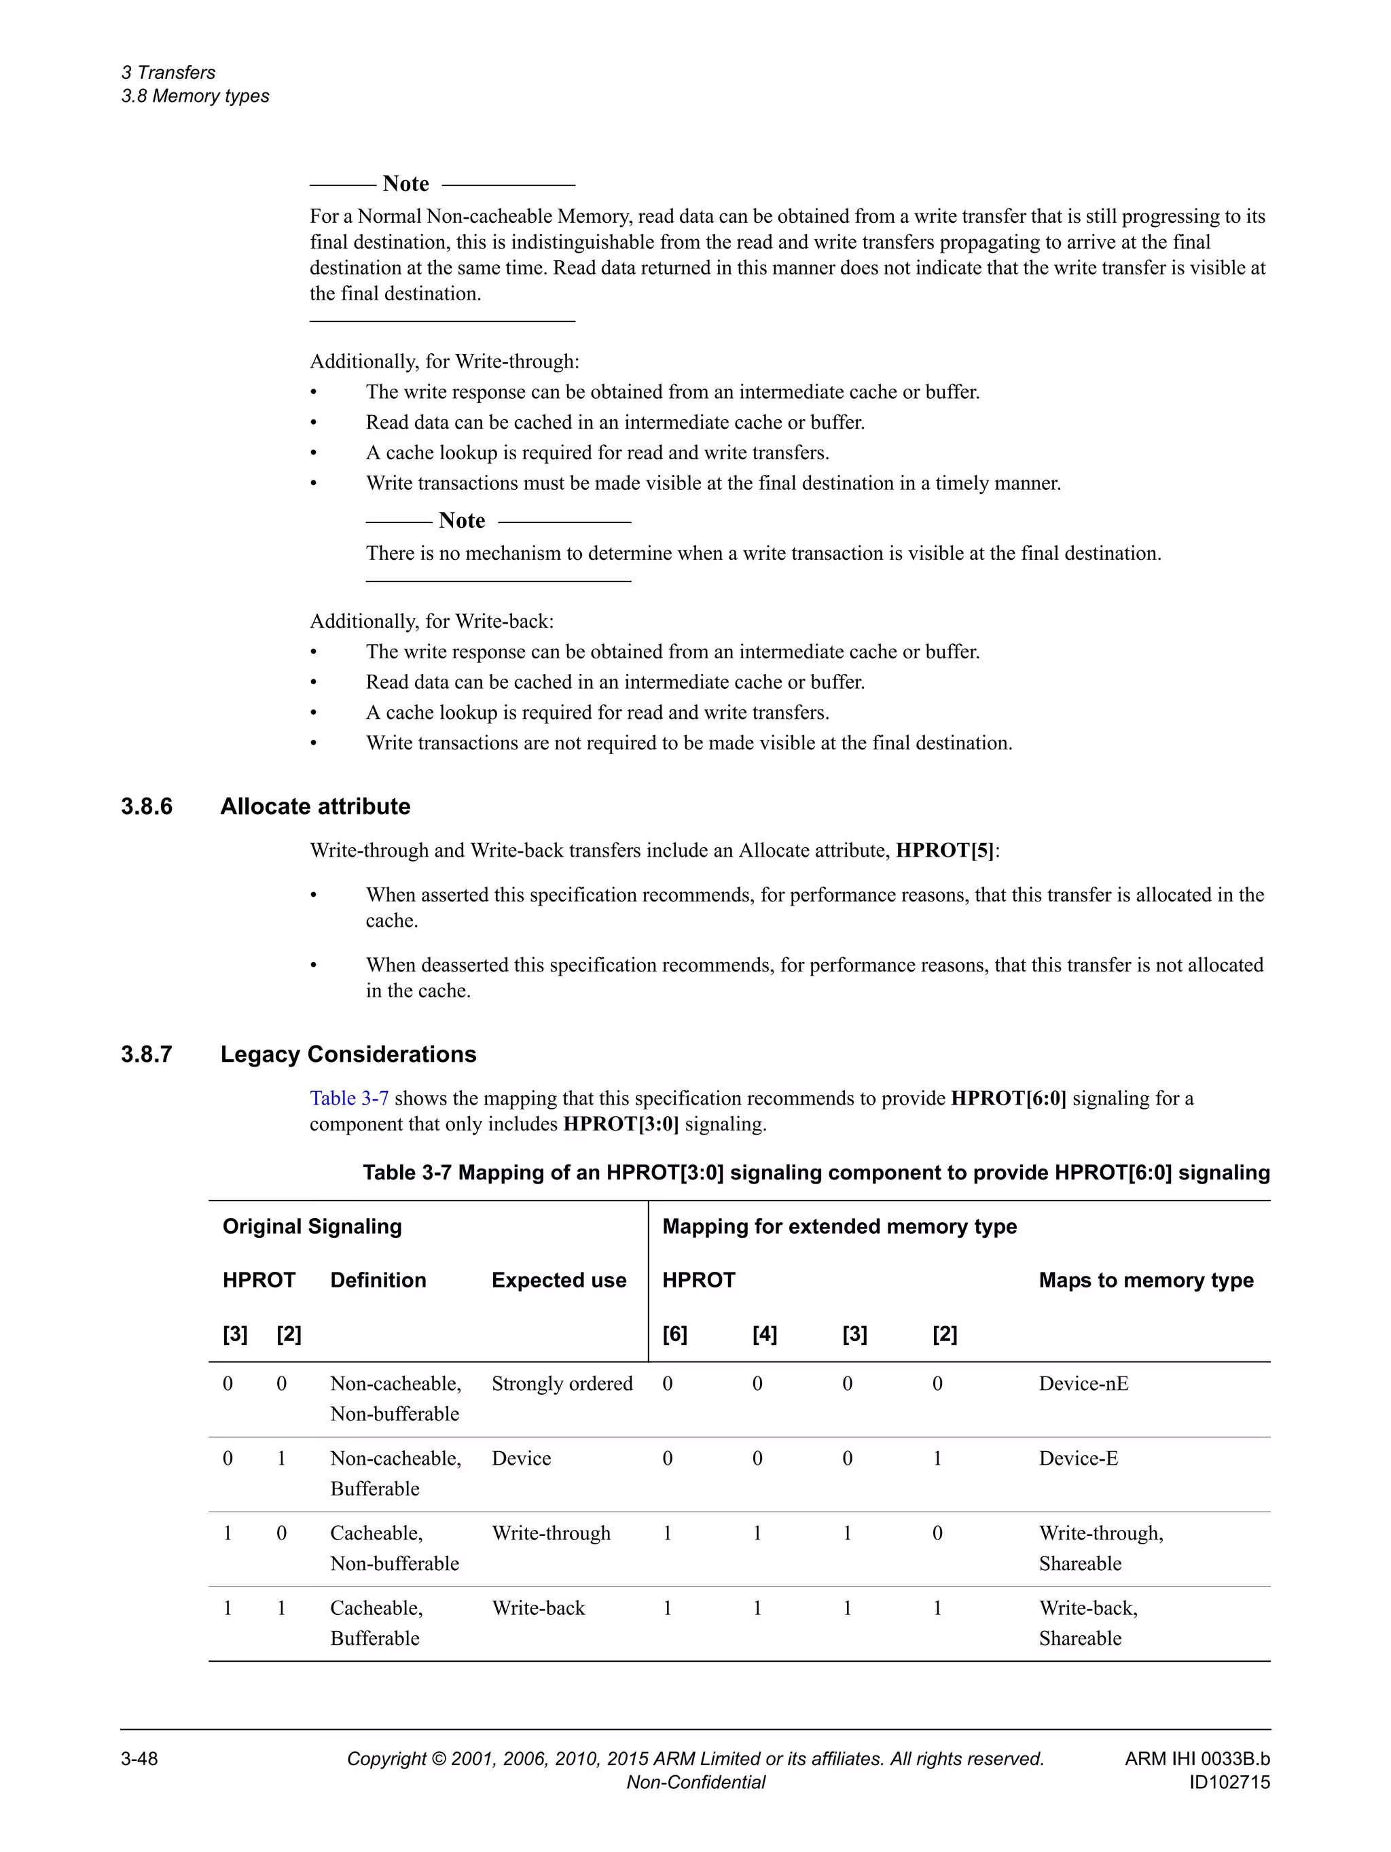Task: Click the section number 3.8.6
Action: click(147, 806)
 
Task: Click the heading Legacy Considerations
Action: click(348, 1054)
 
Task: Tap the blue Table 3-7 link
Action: click(349, 1098)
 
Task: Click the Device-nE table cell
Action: click(1083, 1383)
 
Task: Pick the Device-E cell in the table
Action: click(1078, 1458)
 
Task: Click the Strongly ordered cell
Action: click(562, 1383)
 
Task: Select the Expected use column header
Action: click(558, 1280)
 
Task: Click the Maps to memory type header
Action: click(1146, 1280)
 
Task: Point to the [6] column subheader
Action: click(674, 1334)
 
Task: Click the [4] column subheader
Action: click(764, 1334)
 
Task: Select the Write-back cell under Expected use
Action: click(538, 1607)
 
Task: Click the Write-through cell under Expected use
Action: click(551, 1533)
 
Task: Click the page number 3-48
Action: click(140, 1759)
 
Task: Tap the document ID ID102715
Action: click(1229, 1783)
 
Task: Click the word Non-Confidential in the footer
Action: click(695, 1783)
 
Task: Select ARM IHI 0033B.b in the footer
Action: click(1197, 1759)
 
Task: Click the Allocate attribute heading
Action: click(316, 806)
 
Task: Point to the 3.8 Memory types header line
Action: click(195, 96)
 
